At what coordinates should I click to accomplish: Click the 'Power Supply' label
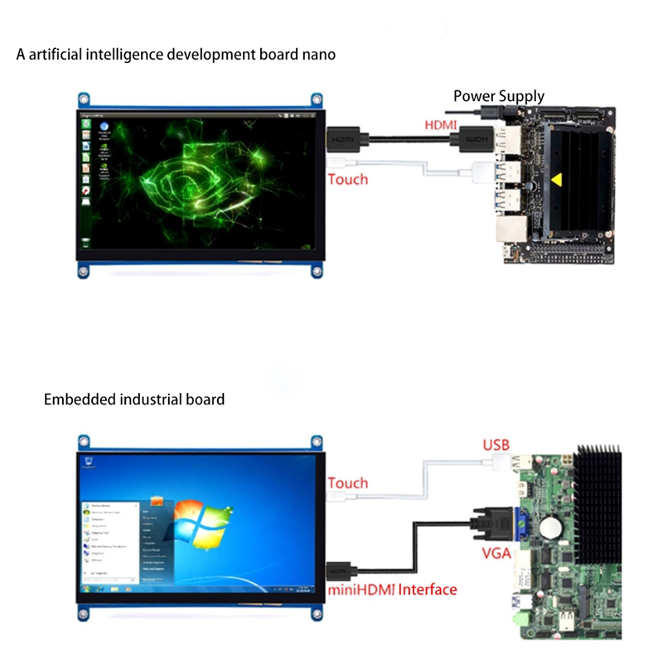[498, 96]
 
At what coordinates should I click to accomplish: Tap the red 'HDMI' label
[440, 125]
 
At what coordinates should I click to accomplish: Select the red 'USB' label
[496, 445]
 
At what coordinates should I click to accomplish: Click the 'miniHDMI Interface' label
[392, 589]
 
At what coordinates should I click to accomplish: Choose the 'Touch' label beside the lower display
[348, 482]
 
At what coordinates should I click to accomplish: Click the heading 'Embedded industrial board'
[133, 399]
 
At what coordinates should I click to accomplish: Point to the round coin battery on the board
[550, 527]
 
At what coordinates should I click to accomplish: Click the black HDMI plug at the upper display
[344, 139]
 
